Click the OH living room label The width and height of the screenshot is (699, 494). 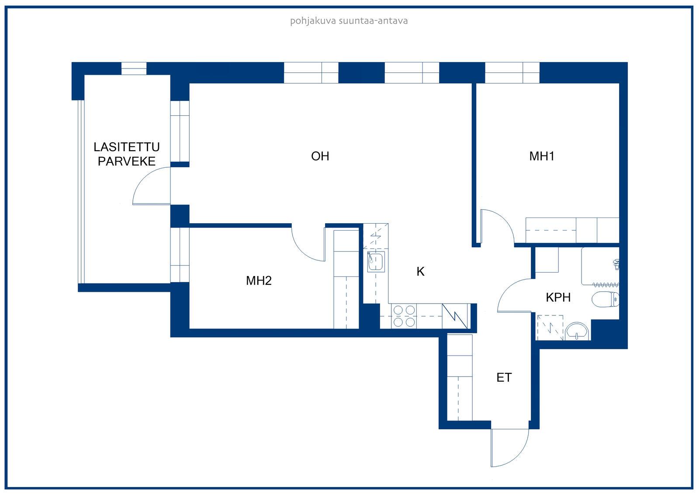pyautogui.click(x=320, y=156)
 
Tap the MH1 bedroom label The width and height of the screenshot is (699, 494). pyautogui.click(x=542, y=156)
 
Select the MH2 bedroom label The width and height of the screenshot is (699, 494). pyautogui.click(x=259, y=280)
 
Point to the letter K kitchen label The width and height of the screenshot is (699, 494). pyautogui.click(x=420, y=271)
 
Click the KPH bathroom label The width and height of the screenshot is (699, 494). pyautogui.click(x=558, y=297)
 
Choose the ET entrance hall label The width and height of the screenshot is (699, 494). pyautogui.click(x=504, y=378)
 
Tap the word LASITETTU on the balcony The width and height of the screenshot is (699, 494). pyautogui.click(x=127, y=147)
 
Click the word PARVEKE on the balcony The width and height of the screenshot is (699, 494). pyautogui.click(x=127, y=161)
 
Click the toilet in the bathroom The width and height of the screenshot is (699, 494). pyautogui.click(x=606, y=299)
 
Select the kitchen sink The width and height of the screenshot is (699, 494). pyautogui.click(x=376, y=262)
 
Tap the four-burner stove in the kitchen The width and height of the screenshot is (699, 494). pyautogui.click(x=404, y=316)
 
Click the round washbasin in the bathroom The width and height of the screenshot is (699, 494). pyautogui.click(x=577, y=332)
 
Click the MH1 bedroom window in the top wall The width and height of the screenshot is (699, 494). pyautogui.click(x=512, y=73)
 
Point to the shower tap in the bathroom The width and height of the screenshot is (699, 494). pyautogui.click(x=616, y=264)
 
